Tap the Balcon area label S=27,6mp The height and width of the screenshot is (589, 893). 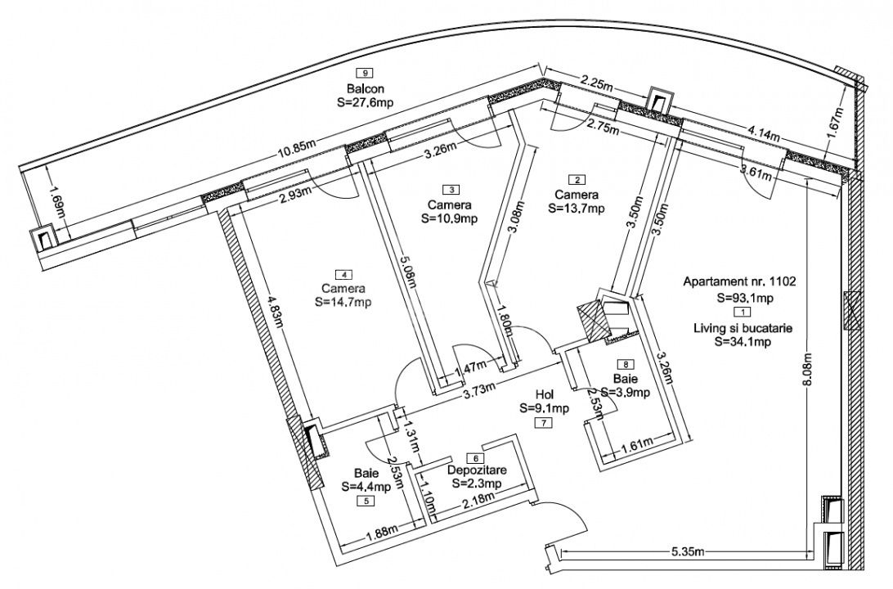365,104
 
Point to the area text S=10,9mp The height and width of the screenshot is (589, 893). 449,218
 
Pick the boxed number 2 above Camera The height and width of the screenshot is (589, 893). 577,180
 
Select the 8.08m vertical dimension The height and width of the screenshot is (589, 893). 808,375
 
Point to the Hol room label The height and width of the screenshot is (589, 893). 544,393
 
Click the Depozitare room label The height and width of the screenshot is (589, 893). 478,471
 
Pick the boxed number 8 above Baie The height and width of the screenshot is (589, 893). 626,365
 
